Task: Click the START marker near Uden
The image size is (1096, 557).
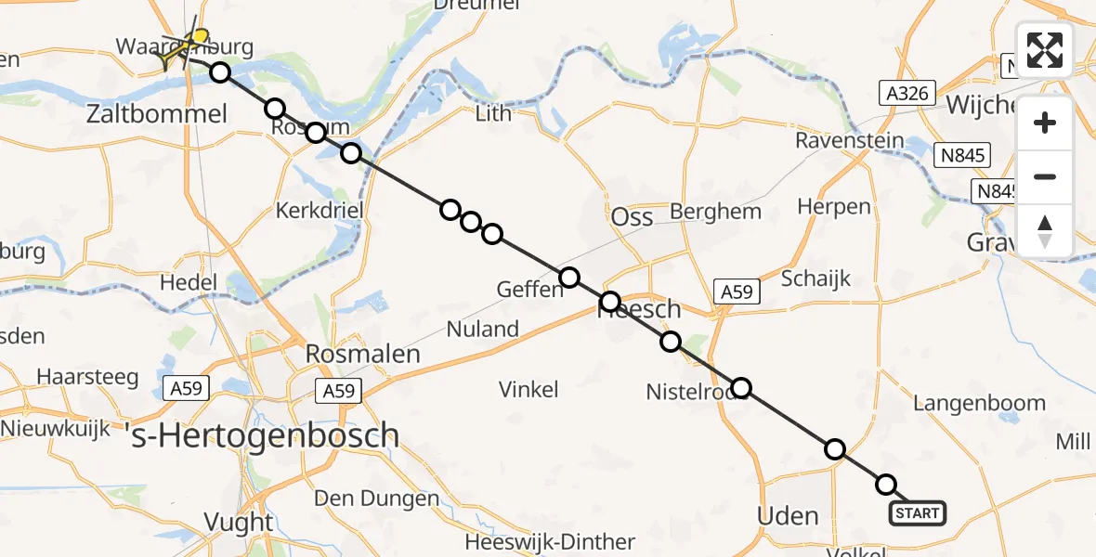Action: pyautogui.click(x=918, y=512)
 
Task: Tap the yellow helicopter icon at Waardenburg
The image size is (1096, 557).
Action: pyautogui.click(x=184, y=46)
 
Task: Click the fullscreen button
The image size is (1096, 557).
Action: pyautogui.click(x=1045, y=50)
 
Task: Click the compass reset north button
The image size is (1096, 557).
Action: pyautogui.click(x=1045, y=231)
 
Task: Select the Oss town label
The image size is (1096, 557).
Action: pyautogui.click(x=632, y=216)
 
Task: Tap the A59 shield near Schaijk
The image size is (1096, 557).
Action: pyautogui.click(x=737, y=292)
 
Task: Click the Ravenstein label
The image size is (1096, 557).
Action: pyautogui.click(x=849, y=141)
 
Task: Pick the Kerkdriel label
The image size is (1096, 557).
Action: pyautogui.click(x=320, y=211)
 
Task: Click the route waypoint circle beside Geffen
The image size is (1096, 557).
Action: pyautogui.click(x=568, y=277)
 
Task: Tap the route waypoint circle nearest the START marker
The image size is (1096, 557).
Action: pyautogui.click(x=886, y=485)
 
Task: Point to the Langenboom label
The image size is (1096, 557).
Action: pyautogui.click(x=979, y=403)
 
